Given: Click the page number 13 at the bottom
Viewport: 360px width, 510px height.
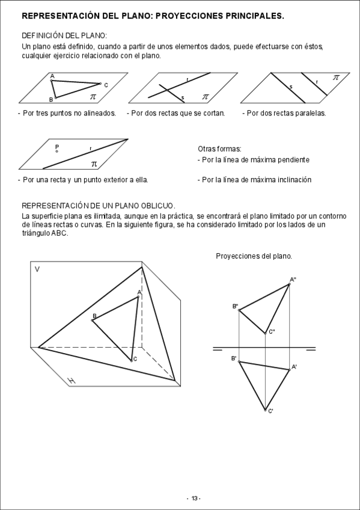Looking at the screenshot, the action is tap(194, 499).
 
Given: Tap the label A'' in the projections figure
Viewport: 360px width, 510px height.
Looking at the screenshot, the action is tap(293, 280).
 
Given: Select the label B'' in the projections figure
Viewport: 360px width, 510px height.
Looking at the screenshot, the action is tap(235, 306).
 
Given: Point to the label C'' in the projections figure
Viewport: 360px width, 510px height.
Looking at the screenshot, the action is tap(272, 332).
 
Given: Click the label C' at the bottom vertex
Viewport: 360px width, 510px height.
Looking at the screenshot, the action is tap(270, 411).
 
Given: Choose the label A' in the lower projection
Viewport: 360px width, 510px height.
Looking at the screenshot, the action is tap(294, 367).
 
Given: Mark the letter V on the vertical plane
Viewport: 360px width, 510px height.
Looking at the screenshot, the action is tap(37, 269).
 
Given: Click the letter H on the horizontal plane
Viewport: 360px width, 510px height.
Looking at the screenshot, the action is tap(71, 381).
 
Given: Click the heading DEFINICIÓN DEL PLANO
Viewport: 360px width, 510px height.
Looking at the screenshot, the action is tap(64, 35).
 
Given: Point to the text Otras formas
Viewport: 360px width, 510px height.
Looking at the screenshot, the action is tap(219, 149).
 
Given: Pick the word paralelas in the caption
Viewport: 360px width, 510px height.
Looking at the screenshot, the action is tap(311, 113).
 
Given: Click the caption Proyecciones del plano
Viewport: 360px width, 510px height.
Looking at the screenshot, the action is tap(254, 256).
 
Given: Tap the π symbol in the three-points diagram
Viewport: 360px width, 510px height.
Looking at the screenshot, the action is tap(93, 97).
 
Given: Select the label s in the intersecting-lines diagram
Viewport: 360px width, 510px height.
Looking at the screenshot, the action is tap(183, 97).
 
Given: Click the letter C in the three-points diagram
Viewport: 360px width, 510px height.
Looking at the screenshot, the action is tap(106, 85).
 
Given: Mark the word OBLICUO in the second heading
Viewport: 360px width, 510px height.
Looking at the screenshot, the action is tap(157, 206).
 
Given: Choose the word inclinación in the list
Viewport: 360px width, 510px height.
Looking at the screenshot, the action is tap(294, 180).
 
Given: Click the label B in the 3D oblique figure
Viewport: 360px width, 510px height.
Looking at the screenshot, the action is tap(94, 316).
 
